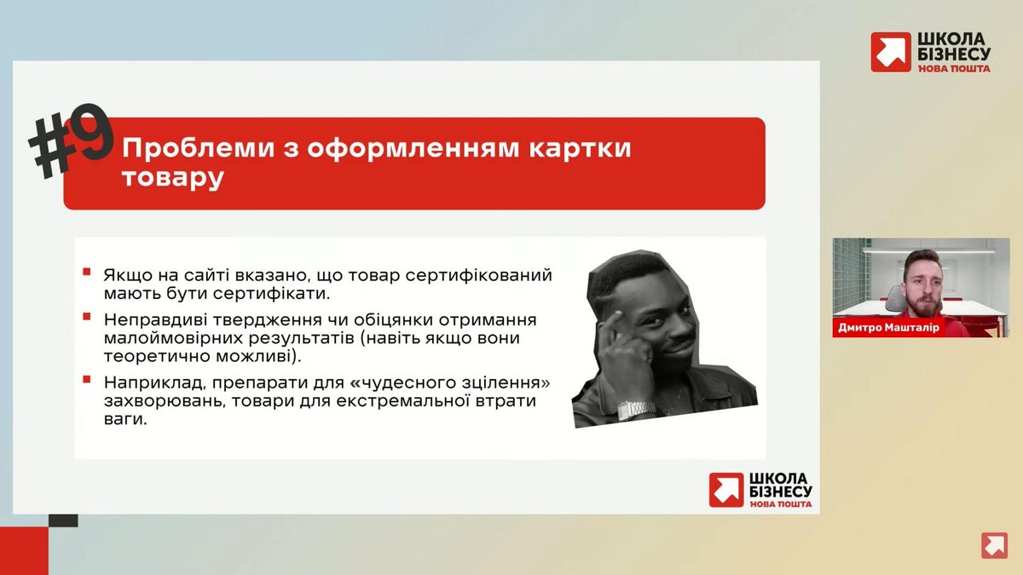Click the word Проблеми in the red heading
[x=198, y=148]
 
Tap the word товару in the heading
[x=172, y=178]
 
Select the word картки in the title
[x=580, y=149]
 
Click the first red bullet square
[x=86, y=272]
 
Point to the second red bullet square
[x=86, y=317]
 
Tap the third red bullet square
[x=86, y=379]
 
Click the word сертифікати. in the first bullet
[x=271, y=294]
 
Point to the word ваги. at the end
[x=125, y=419]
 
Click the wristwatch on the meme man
[x=635, y=410]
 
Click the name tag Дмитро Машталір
[x=888, y=328]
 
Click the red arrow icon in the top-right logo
[x=890, y=52]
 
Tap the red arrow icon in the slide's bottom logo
[x=726, y=490]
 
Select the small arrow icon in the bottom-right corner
[x=994, y=545]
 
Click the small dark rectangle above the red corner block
[x=63, y=520]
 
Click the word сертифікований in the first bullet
[x=479, y=276]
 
